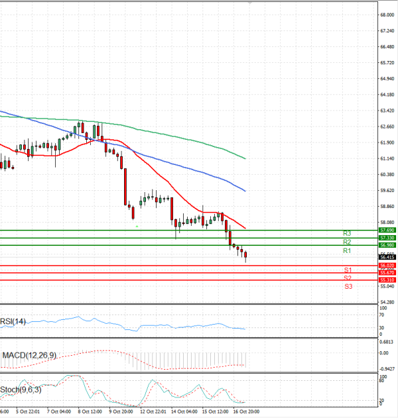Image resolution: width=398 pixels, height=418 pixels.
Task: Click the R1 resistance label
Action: [347, 252]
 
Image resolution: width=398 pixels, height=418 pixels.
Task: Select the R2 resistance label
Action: [347, 242]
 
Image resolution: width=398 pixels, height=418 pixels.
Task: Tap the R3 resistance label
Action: [347, 233]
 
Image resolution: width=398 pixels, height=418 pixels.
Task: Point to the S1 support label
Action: [348, 270]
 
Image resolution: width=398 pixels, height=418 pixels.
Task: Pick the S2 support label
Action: [348, 278]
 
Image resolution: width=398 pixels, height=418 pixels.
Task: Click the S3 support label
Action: [348, 286]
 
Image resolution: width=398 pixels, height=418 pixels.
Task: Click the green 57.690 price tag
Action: [387, 230]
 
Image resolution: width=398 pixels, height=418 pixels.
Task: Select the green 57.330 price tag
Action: [387, 238]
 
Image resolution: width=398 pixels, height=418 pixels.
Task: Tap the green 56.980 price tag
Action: [387, 245]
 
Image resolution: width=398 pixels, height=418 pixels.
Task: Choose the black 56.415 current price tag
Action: [387, 256]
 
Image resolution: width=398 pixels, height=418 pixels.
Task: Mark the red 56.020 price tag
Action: [387, 266]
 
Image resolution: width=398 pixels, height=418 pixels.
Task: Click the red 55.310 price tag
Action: [387, 280]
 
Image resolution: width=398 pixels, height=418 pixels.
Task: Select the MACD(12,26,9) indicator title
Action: [29, 356]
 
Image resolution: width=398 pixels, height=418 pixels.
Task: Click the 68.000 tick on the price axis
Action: [387, 15]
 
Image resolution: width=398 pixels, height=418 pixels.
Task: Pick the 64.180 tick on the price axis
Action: [387, 95]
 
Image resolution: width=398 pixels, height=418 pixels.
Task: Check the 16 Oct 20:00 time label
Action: [245, 411]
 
